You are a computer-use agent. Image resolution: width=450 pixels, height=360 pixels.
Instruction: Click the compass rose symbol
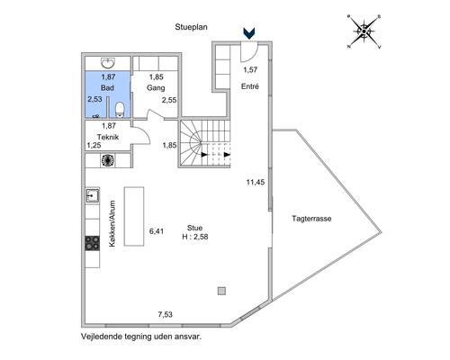pos(364,31)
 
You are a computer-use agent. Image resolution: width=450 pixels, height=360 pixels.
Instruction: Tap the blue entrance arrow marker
pos(249,33)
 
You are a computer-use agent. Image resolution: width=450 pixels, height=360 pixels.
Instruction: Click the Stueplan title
pos(191,27)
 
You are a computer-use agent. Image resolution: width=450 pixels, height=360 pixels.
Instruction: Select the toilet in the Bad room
pos(120,109)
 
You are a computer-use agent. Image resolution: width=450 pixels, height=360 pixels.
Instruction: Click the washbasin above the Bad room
pos(108,63)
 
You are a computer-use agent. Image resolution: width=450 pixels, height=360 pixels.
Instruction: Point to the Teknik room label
pos(108,137)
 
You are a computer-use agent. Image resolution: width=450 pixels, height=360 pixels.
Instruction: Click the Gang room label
pos(156,88)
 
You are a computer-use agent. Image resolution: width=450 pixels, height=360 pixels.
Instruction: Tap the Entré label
pos(250,86)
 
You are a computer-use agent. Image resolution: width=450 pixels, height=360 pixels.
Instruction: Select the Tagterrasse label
pos(311,219)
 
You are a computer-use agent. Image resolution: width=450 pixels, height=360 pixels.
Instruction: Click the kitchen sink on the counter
pos(93,196)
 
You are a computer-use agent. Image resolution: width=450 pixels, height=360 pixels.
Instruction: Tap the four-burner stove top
pos(93,243)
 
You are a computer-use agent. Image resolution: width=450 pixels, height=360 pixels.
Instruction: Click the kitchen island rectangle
pos(134,216)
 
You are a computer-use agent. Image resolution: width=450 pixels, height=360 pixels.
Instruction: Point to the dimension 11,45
pos(256,182)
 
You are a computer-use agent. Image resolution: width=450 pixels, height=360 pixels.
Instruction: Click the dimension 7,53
pos(166,314)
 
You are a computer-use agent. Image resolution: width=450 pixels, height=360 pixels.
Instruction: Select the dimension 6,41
pos(157,231)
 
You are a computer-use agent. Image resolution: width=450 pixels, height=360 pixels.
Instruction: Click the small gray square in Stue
pos(221,291)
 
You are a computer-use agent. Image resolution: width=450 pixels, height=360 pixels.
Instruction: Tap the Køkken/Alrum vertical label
pos(112,224)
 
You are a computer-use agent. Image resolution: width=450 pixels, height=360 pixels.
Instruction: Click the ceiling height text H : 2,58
pos(195,237)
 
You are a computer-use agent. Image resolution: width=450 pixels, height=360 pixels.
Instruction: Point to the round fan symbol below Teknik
pos(108,160)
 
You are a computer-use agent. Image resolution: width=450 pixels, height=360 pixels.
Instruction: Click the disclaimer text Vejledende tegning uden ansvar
pos(141,337)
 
